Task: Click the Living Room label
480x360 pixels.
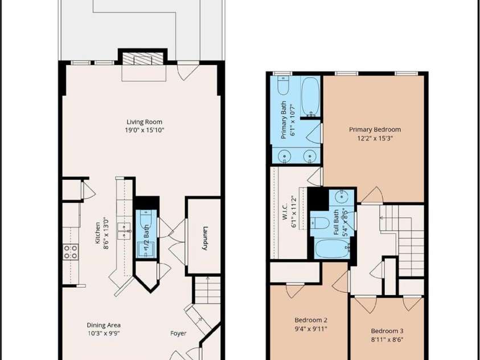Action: coord(145,122)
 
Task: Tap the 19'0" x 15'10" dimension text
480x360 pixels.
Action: coord(145,130)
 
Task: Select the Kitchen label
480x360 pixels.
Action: coord(98,232)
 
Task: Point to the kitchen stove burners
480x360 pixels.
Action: coord(71,252)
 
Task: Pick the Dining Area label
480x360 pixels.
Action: coord(104,325)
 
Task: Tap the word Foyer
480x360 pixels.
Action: coord(178,333)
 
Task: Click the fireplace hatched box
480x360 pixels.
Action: coord(143,59)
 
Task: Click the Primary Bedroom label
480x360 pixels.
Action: coord(375,129)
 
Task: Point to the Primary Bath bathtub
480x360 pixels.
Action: coord(310,96)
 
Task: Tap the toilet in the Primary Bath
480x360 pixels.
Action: coord(283,85)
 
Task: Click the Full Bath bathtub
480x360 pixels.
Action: coord(332,248)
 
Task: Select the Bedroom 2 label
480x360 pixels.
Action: coord(311,320)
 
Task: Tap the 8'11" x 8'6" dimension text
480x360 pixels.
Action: coord(387,339)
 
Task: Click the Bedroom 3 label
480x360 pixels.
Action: coord(387,331)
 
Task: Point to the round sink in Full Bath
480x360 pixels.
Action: coord(341,197)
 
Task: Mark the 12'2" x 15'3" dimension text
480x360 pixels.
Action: coord(375,138)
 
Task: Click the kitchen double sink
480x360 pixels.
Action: coord(124,231)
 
